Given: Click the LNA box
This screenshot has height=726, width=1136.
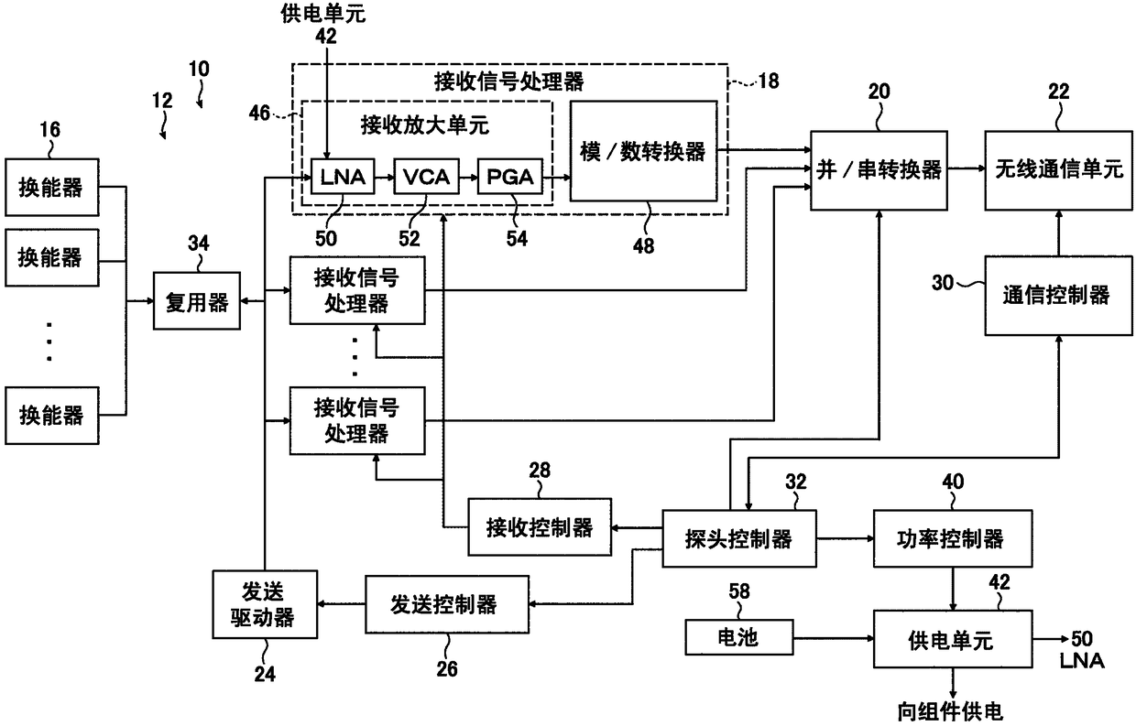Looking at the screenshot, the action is [343, 177].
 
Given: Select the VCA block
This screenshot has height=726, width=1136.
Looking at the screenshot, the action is [427, 177].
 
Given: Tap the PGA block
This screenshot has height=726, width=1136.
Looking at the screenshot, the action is [510, 177].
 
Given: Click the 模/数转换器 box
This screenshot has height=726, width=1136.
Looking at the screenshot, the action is [643, 151].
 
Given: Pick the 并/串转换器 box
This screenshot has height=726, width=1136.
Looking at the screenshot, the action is [879, 170].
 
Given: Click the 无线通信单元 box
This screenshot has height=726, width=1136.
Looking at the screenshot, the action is [1058, 170].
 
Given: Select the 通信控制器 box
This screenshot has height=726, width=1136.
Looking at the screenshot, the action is [1058, 296].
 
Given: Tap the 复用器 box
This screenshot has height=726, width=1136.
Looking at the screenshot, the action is [197, 301].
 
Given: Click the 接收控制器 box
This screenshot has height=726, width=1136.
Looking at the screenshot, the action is [540, 527].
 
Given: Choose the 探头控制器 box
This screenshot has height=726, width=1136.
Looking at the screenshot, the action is [739, 538].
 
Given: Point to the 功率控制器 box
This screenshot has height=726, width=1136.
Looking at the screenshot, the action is [953, 538].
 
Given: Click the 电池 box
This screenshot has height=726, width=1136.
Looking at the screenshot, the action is [739, 637].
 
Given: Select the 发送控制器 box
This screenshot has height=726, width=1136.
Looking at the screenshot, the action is [447, 604].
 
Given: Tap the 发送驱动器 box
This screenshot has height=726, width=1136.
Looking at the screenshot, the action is [265, 604].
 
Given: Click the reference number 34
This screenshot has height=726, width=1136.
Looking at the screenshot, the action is [198, 244].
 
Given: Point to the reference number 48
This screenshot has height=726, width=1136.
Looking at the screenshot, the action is [643, 246].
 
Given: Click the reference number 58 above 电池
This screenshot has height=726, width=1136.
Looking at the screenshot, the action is [739, 591].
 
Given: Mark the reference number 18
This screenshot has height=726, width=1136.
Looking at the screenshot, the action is [769, 81].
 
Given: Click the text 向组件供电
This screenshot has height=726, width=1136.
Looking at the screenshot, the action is [950, 712].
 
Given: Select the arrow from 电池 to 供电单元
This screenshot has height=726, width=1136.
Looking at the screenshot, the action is [834, 638].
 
